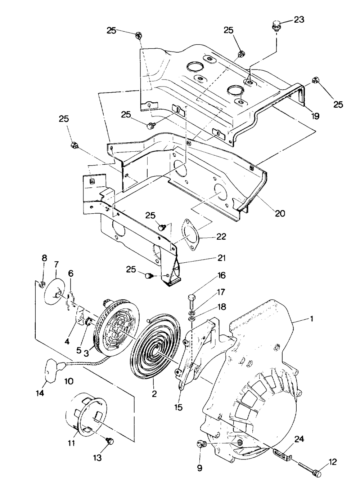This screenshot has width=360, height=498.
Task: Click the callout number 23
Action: click(299, 19)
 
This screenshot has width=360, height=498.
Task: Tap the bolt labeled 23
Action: click(275, 26)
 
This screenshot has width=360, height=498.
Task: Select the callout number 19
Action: click(315, 116)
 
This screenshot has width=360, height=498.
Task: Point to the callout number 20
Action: click(280, 213)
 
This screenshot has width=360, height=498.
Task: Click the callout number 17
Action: click(221, 292)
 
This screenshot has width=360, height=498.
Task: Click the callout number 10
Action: click(69, 382)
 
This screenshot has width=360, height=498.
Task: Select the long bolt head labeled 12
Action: click(317, 474)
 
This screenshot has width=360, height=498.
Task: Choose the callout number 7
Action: click(57, 264)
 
